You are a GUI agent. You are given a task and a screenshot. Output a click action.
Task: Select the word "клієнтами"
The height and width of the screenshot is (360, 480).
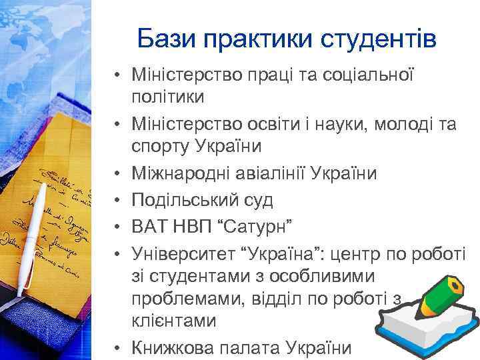174,321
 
